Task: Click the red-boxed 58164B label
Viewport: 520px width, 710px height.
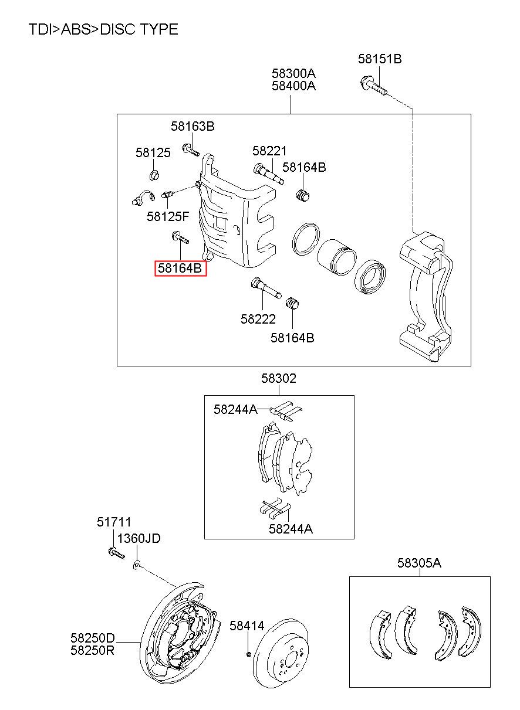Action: click(x=180, y=269)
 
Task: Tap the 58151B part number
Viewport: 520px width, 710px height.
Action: click(x=380, y=59)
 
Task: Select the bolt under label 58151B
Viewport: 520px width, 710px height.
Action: click(x=374, y=85)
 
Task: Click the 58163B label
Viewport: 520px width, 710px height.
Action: click(x=193, y=127)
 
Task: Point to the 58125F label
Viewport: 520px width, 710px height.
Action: click(x=168, y=217)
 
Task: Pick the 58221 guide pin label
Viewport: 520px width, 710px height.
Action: click(x=269, y=151)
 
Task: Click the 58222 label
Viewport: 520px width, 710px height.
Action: click(x=258, y=319)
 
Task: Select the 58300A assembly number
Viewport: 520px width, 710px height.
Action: click(x=293, y=73)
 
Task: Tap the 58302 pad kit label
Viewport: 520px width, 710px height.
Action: click(x=279, y=379)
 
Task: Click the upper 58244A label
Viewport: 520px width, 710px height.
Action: click(x=235, y=409)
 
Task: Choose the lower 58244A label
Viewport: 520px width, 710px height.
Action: click(x=291, y=529)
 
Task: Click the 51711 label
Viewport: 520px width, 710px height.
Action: click(x=114, y=522)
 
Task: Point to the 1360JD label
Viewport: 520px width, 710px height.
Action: click(x=139, y=538)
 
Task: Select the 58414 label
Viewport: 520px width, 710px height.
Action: click(x=247, y=626)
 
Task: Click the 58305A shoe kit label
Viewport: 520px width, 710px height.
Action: click(x=420, y=563)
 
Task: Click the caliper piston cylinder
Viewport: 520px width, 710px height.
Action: click(x=336, y=257)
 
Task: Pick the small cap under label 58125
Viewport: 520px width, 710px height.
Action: click(x=154, y=175)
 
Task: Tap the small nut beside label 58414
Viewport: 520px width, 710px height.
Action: click(x=249, y=654)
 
